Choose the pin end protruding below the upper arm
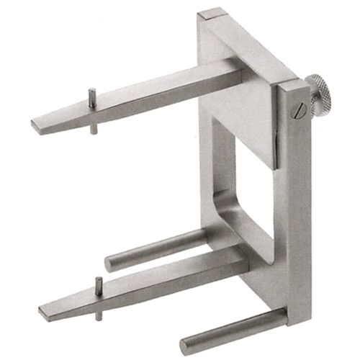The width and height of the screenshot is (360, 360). click(x=94, y=131)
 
